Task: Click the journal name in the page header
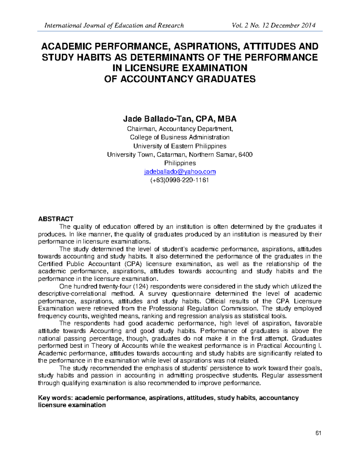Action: [114, 26]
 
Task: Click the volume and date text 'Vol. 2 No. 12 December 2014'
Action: [273, 26]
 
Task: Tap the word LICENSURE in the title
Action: [147, 68]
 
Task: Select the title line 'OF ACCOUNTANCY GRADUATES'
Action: [179, 79]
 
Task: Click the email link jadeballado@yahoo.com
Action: [180, 172]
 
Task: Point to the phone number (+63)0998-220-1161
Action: [180, 180]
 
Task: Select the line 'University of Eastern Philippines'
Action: [180, 146]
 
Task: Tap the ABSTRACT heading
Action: [56, 219]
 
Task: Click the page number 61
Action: [318, 433]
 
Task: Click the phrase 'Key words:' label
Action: [55, 398]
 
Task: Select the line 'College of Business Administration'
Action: [180, 137]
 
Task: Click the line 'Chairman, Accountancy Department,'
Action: [180, 129]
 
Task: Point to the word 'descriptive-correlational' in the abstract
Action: [72, 294]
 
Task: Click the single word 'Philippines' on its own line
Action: [180, 163]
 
